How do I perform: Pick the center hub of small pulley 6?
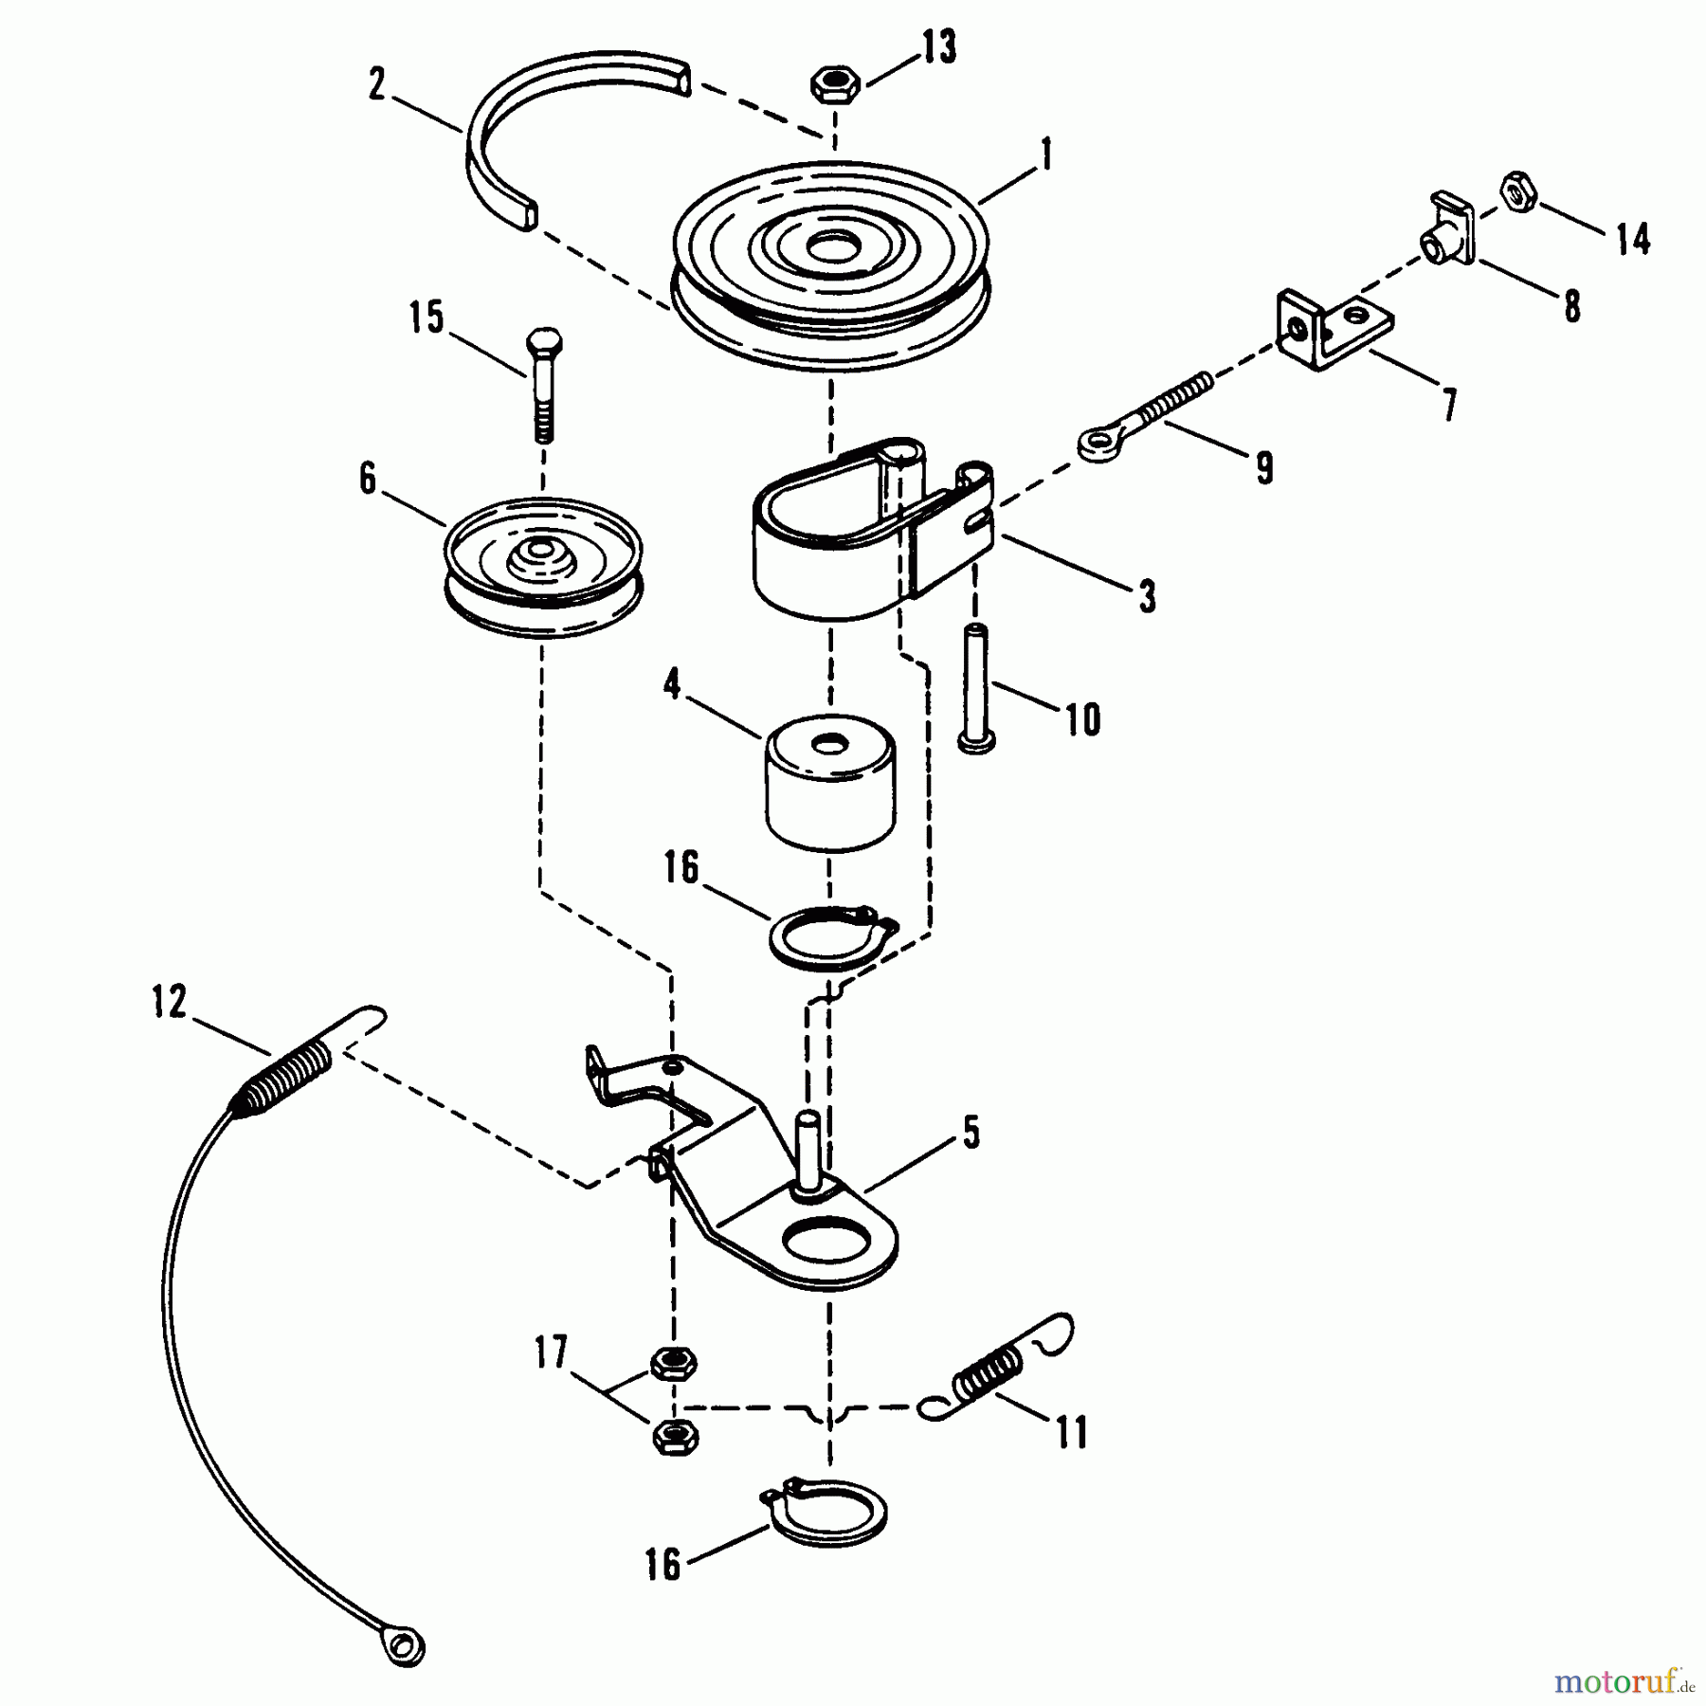point(541,551)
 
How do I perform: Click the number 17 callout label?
point(551,1352)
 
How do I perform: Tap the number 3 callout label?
point(1147,597)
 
